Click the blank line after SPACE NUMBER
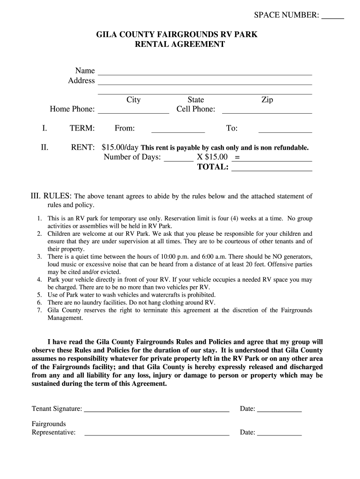click(333, 17)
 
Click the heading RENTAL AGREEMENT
click(180, 44)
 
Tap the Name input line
click(204, 73)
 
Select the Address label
click(81, 80)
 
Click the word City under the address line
click(133, 100)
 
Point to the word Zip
click(267, 100)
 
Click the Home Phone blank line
click(133, 111)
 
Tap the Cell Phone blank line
click(266, 111)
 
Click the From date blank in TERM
click(178, 131)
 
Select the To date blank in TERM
click(285, 131)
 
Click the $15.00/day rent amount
click(120, 147)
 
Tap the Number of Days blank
click(179, 159)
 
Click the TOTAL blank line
click(272, 169)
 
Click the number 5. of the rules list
click(39, 295)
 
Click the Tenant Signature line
click(157, 410)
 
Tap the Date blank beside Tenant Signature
click(280, 410)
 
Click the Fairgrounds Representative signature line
click(157, 434)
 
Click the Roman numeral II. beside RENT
click(44, 147)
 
